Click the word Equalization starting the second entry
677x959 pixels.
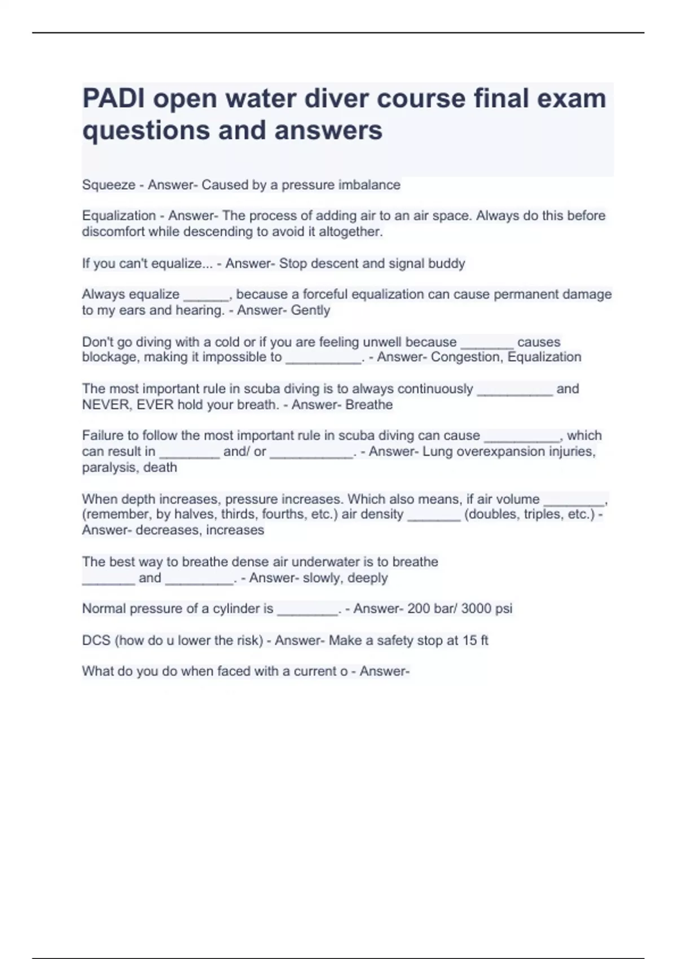pyautogui.click(x=118, y=216)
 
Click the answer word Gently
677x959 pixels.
pyautogui.click(x=310, y=310)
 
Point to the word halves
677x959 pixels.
pyautogui.click(x=195, y=514)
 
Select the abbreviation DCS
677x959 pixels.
pyautogui.click(x=96, y=641)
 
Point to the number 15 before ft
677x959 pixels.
pyautogui.click(x=470, y=641)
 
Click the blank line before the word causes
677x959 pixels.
pyautogui.click(x=487, y=345)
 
